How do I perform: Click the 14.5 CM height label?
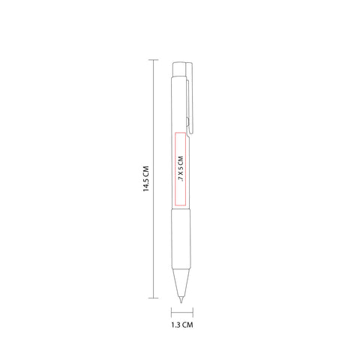click(146, 178)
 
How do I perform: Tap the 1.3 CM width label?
click(182, 325)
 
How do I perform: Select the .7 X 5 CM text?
click(181, 169)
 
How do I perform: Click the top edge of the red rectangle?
click(180, 133)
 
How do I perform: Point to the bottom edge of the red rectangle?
click(180, 205)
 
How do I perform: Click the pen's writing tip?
click(181, 300)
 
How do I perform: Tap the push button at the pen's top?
click(178, 70)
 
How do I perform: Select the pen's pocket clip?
click(190, 97)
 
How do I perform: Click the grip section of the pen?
click(181, 238)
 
